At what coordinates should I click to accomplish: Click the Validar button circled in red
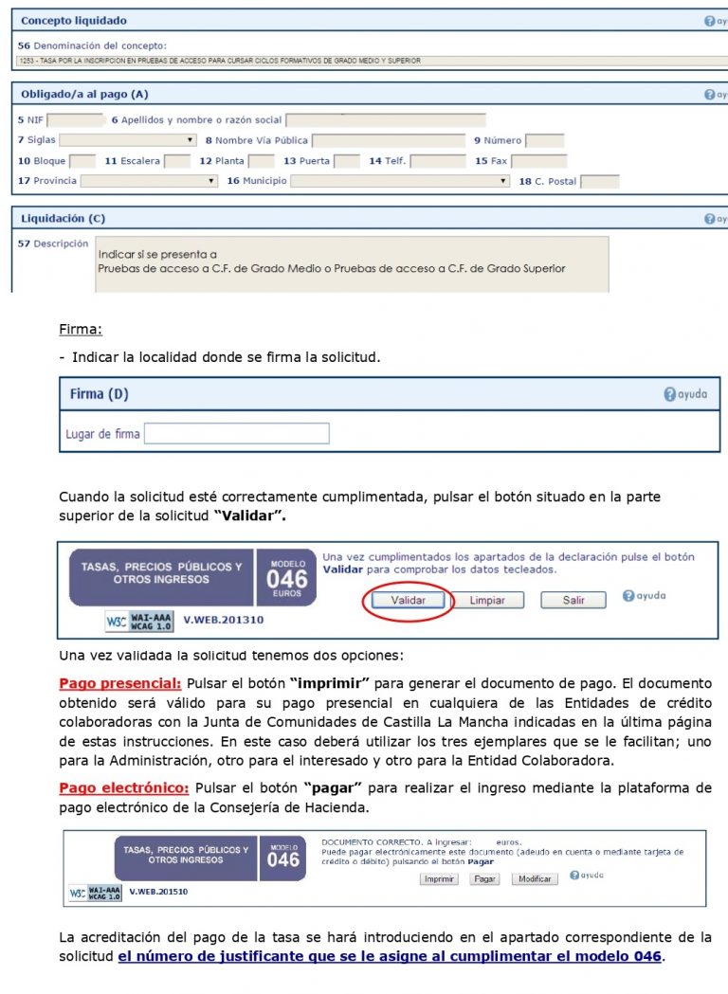point(409,600)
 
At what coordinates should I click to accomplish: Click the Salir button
point(573,600)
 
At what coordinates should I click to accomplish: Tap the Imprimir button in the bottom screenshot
point(439,879)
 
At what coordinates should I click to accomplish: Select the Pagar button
point(485,879)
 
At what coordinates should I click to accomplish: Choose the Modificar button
point(534,879)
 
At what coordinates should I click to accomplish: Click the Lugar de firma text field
point(236,434)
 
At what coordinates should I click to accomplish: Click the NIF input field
point(75,120)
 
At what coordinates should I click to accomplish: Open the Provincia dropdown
point(149,181)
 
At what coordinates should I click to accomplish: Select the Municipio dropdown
point(400,181)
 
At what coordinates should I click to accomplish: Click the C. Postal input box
point(599,181)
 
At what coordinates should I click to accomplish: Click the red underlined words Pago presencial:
point(119,683)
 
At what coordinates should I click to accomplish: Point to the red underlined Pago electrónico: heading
point(124,788)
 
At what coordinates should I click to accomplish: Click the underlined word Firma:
point(80,330)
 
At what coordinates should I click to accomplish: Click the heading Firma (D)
point(99,393)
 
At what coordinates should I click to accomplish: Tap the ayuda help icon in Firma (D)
point(684,394)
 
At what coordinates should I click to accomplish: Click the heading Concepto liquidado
point(73,20)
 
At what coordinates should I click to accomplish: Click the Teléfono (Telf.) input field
point(437,161)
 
